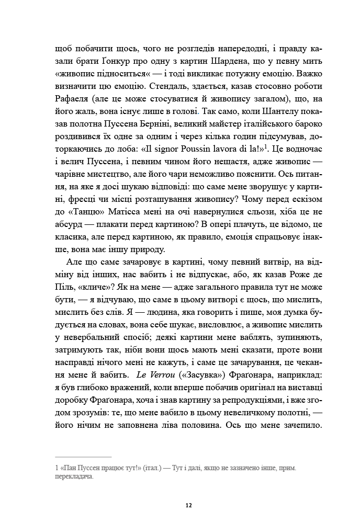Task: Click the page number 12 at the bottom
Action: [x=189, y=505]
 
